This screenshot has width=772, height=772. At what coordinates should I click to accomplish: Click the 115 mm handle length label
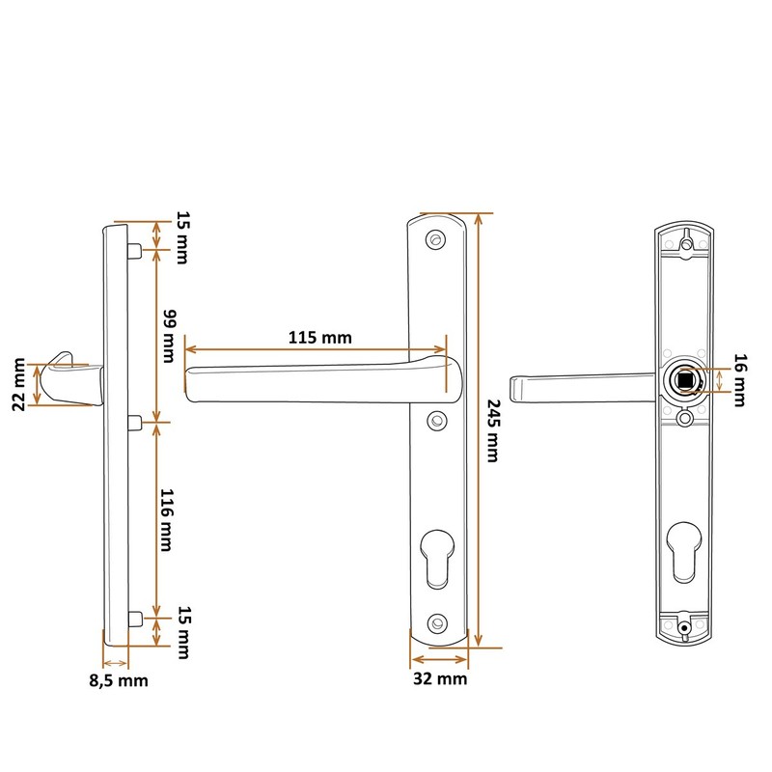[318, 339]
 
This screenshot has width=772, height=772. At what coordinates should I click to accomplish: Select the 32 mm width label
[439, 678]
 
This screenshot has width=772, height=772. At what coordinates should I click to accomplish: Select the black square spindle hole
[684, 380]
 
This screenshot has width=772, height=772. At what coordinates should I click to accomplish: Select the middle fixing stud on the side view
[135, 421]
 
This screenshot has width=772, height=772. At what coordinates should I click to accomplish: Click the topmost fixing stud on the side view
[135, 251]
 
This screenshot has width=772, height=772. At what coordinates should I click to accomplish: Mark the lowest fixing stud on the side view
[135, 618]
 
